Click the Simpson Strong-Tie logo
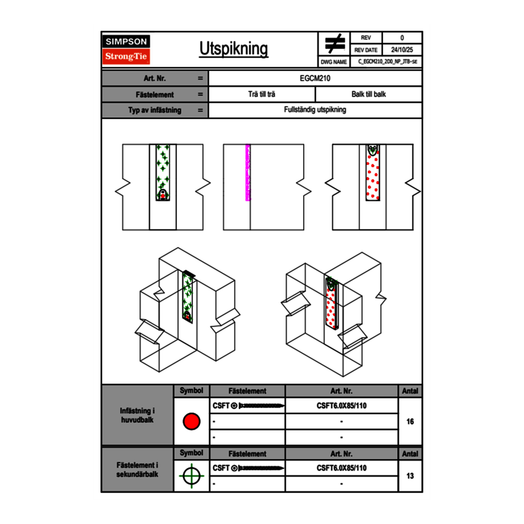(x=127, y=49)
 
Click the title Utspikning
(x=233, y=49)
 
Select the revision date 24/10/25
(x=402, y=50)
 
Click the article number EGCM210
(x=315, y=78)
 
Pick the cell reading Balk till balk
(x=369, y=94)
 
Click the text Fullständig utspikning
(x=315, y=110)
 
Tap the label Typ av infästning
(x=154, y=110)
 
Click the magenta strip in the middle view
(x=248, y=173)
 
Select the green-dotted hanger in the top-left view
(x=163, y=173)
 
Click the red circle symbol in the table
(x=191, y=422)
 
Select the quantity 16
(x=410, y=422)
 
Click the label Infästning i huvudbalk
(x=138, y=416)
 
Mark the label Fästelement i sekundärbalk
(x=138, y=469)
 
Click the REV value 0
(x=402, y=38)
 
